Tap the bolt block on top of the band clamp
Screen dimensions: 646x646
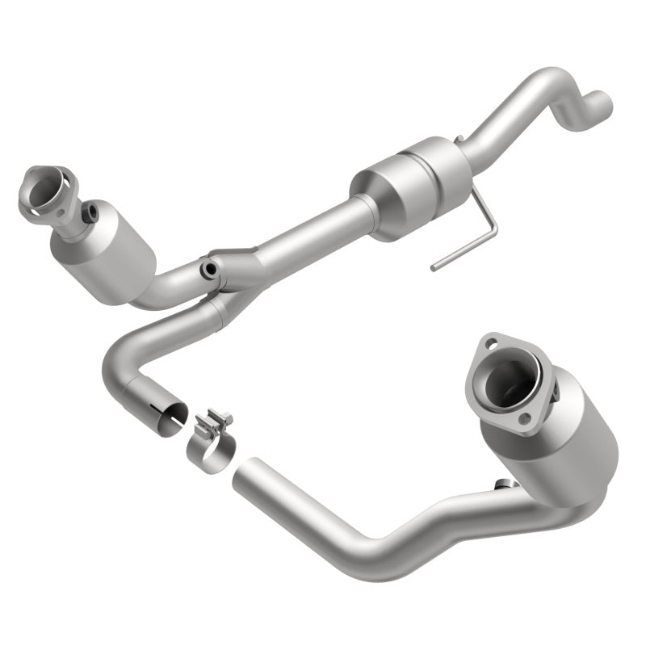[x=216, y=421]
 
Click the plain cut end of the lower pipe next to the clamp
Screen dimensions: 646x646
[x=243, y=476]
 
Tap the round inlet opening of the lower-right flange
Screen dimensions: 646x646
[x=510, y=380]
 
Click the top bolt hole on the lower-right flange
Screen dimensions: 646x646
[x=490, y=345]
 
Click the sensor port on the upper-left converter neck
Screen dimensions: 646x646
[x=92, y=213]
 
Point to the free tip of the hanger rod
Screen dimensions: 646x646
[x=434, y=266]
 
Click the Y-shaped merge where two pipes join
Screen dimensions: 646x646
[x=230, y=279]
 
